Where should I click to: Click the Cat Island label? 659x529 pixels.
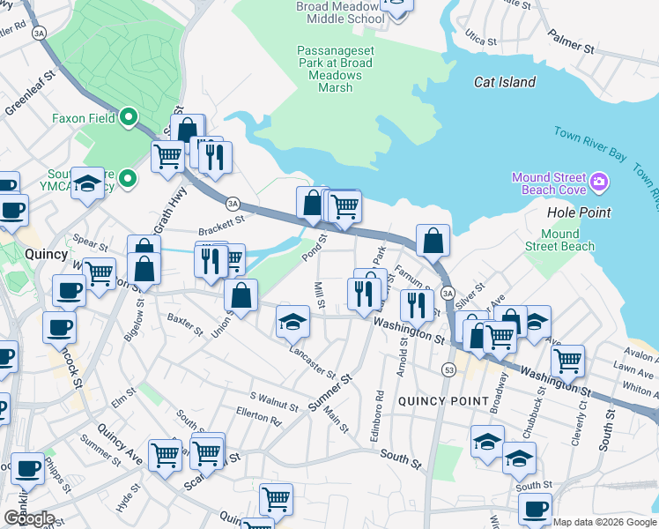coord(504,82)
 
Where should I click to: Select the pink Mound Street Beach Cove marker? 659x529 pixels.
coord(599,183)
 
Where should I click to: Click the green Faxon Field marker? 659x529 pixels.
coord(129,116)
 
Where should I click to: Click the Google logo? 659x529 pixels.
coord(29,518)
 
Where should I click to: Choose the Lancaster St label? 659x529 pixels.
coord(314,363)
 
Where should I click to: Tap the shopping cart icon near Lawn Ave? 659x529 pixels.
coord(567,360)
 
